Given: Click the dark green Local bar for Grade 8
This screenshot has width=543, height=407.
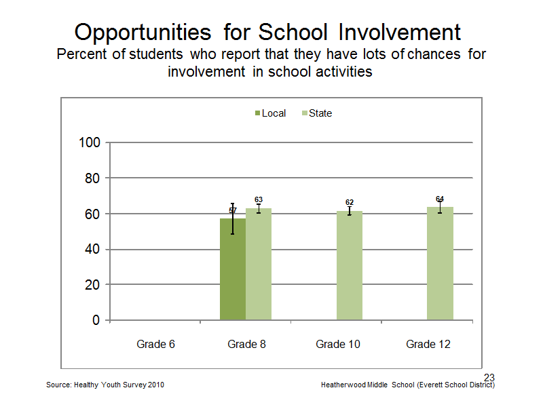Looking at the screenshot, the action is point(233,269).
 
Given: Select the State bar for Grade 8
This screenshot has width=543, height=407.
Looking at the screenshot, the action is point(259,264).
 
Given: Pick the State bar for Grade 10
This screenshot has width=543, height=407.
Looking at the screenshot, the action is point(350,265).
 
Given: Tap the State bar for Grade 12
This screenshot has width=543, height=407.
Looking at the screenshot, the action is point(440,263).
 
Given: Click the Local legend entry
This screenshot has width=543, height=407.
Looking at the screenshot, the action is point(270,113).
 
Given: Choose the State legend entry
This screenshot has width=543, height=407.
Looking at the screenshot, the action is point(317,113).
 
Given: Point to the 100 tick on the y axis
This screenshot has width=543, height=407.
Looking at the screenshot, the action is point(90,142).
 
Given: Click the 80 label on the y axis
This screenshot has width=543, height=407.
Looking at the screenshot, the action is point(92,178).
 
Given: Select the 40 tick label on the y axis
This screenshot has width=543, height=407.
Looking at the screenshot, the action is point(92,249).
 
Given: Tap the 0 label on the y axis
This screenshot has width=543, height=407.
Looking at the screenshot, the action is point(96,319).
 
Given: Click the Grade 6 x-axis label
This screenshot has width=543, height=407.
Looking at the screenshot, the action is point(155,344).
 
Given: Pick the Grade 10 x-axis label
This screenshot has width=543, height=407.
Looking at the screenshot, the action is point(337,344).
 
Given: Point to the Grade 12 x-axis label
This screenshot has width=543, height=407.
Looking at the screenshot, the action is point(428,344).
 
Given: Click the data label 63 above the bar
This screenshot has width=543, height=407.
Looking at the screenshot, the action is point(259,199).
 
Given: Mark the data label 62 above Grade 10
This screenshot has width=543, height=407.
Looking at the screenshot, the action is point(350,202).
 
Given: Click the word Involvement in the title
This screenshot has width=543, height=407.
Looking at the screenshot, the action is point(399,32).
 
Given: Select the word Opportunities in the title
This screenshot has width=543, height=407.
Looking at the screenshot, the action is point(143,33).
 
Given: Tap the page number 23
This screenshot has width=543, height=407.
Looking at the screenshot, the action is point(489,377).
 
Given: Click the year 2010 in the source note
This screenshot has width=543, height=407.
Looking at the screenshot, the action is point(156,385).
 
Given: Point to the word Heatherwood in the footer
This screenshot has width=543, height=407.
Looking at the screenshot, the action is point(354,385).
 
